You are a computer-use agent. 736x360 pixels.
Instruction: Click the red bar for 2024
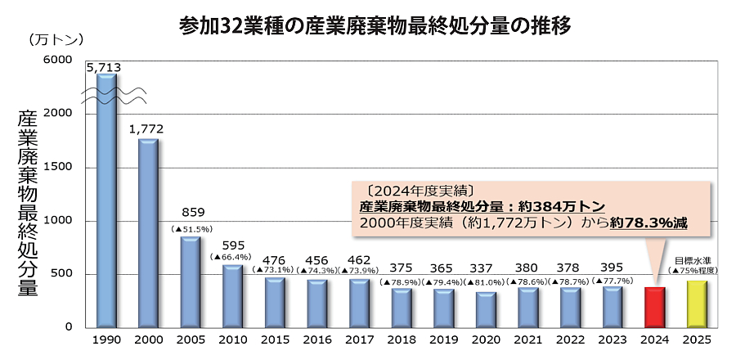point(653,307)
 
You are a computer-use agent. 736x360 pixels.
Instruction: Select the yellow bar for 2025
point(696,304)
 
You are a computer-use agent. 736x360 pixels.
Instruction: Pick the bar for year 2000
point(148,233)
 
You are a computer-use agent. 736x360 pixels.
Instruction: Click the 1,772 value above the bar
point(147,128)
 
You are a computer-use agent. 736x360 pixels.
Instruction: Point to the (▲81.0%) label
point(486,281)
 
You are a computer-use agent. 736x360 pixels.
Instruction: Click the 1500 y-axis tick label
point(59,168)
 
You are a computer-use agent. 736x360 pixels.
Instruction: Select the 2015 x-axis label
point(274,339)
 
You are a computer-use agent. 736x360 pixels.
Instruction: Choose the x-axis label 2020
point(486,339)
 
